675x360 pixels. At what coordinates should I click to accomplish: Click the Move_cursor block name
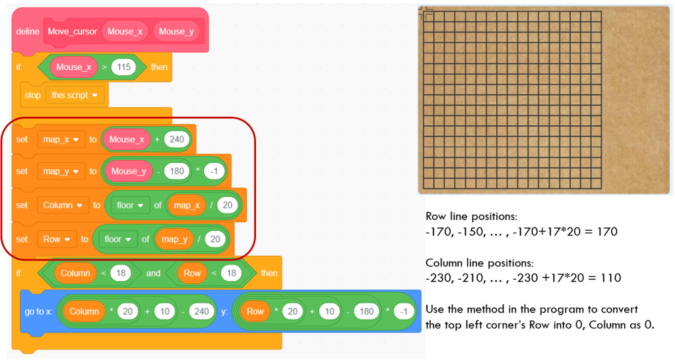(x=73, y=31)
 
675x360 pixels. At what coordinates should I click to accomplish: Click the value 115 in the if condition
(x=123, y=67)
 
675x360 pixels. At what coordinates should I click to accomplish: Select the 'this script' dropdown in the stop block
(x=77, y=95)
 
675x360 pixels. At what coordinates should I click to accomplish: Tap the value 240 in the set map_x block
(x=177, y=139)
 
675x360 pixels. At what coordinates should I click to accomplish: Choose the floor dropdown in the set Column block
(x=130, y=205)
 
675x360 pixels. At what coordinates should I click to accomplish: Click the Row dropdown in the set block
(x=56, y=239)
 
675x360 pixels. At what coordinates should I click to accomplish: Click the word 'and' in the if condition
(x=152, y=273)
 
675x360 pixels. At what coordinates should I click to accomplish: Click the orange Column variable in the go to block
(x=84, y=311)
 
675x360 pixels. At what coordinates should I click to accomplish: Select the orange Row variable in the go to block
(x=255, y=311)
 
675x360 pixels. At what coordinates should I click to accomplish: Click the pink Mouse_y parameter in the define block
(x=176, y=31)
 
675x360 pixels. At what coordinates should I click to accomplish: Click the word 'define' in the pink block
(x=28, y=31)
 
